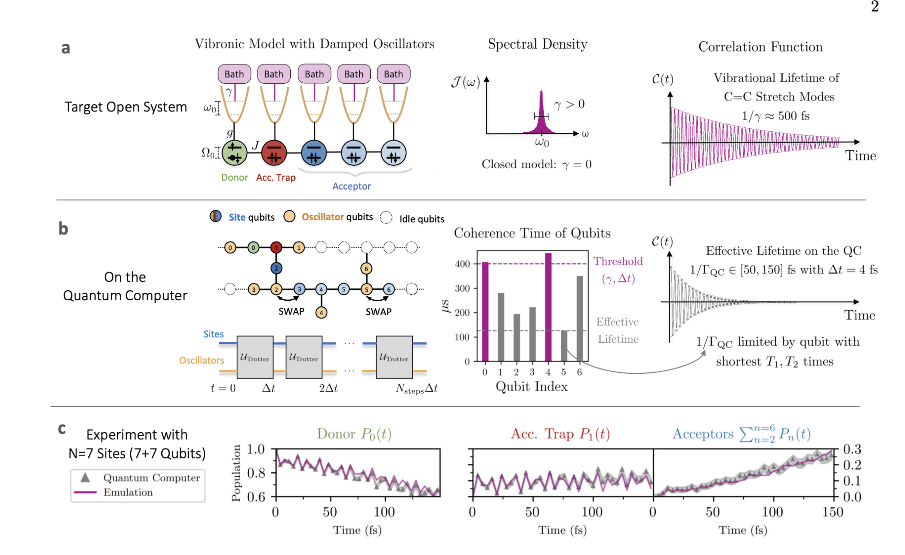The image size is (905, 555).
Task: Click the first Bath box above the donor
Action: tap(234, 74)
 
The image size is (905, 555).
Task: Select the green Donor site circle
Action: tap(234, 153)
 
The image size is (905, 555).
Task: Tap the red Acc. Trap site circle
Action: tap(274, 153)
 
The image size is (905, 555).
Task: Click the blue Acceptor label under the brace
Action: tap(351, 186)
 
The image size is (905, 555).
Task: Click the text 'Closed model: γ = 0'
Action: tap(536, 165)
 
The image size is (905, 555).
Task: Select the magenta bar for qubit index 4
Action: tap(548, 307)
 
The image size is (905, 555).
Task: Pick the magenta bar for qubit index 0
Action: tap(485, 311)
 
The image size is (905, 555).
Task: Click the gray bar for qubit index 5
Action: tap(564, 346)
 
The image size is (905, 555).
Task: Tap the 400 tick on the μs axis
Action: tap(463, 264)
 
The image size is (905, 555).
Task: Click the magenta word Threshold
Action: tap(618, 261)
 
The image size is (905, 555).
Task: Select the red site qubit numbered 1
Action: tap(276, 248)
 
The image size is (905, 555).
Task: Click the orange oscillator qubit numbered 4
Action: tap(321, 313)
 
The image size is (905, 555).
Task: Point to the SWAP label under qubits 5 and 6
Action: tap(378, 312)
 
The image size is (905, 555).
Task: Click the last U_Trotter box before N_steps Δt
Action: tap(394, 357)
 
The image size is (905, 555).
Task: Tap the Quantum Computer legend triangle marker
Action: tap(85, 478)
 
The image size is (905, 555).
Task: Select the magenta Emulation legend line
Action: tap(85, 492)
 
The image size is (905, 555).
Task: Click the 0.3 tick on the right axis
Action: tap(852, 449)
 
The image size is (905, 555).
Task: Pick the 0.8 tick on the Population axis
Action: tap(256, 473)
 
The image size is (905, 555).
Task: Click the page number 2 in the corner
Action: tap(875, 6)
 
